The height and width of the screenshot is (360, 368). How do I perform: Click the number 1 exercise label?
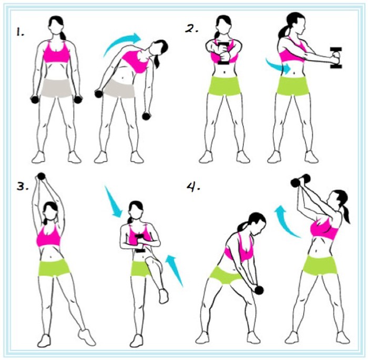click(20, 32)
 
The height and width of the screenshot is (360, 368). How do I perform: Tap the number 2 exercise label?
click(191, 28)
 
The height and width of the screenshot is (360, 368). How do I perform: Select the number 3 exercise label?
click(23, 186)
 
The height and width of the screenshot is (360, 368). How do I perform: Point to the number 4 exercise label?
click(193, 187)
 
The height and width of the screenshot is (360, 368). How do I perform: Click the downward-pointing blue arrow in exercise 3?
click(113, 202)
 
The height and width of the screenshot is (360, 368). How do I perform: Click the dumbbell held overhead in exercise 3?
click(41, 176)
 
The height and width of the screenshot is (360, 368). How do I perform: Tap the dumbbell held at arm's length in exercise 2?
click(336, 58)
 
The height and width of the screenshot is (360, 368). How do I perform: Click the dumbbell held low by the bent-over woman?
click(259, 290)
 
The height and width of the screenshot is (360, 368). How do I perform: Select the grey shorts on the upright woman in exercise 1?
click(56, 88)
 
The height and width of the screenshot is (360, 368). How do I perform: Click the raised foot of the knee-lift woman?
click(163, 296)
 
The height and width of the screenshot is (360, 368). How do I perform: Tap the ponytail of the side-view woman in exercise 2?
click(284, 32)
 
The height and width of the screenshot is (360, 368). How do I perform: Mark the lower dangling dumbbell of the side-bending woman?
click(146, 116)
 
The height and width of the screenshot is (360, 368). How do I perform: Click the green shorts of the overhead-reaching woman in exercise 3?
click(54, 268)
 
